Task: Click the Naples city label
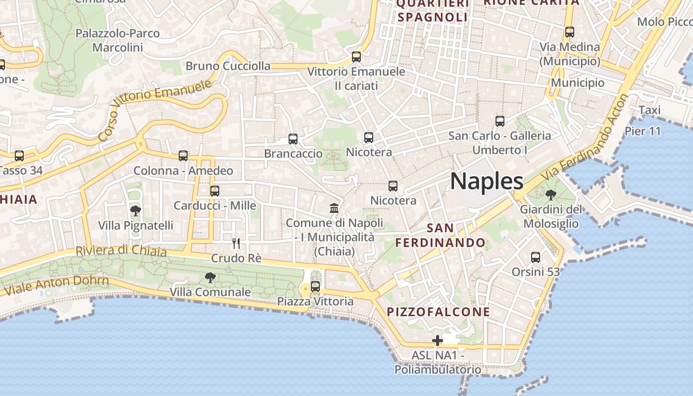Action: (487, 182)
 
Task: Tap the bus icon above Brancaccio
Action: (293, 139)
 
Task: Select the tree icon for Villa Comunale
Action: (210, 278)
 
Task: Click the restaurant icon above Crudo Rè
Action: (236, 244)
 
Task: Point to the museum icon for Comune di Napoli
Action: (334, 208)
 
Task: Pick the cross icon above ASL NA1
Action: (437, 341)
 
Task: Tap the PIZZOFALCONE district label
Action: (438, 312)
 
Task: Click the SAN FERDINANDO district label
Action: (440, 236)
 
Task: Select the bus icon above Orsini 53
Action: (536, 257)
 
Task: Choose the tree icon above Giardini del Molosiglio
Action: (550, 196)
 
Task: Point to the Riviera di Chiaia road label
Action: (121, 250)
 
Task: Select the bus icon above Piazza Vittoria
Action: (315, 287)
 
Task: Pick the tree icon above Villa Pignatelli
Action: (135, 211)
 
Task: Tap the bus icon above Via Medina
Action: (570, 33)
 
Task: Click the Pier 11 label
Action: (643, 132)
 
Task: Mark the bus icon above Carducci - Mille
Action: (214, 191)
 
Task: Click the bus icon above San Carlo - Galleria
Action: (500, 121)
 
